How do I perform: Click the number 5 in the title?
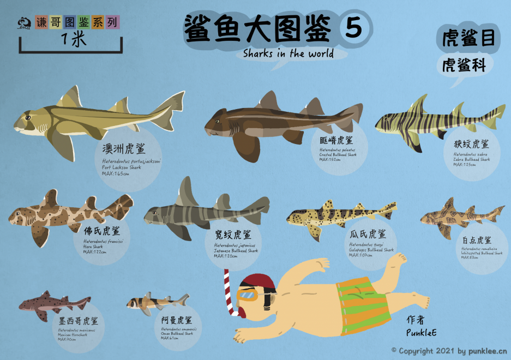coord(354,28)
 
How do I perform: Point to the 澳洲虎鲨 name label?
coord(124,149)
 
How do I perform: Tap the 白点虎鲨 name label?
coord(477,239)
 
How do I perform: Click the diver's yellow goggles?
coord(247,295)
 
